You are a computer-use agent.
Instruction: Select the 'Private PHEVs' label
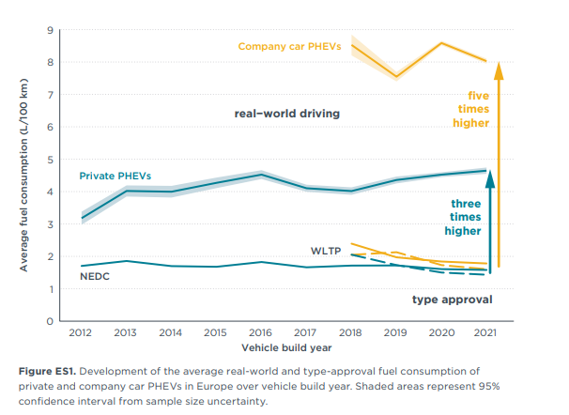click(115, 176)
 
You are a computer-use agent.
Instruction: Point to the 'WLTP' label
click(326, 251)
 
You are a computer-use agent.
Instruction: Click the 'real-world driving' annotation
click(286, 114)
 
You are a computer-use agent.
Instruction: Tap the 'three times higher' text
click(466, 217)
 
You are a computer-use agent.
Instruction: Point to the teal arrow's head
click(485, 171)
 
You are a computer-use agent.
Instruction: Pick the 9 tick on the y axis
click(49, 30)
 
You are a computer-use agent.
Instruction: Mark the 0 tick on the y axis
click(49, 321)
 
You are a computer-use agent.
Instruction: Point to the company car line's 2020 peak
click(441, 42)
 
